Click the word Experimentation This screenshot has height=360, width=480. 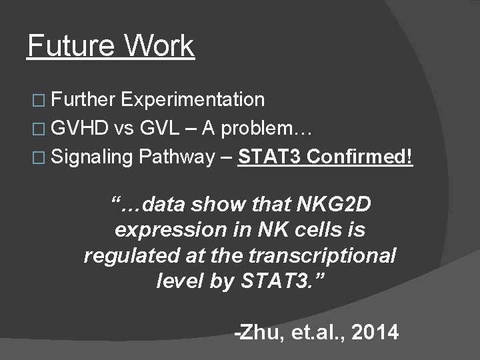point(194,100)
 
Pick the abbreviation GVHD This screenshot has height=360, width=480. point(79,129)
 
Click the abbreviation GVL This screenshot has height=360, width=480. point(161,129)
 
